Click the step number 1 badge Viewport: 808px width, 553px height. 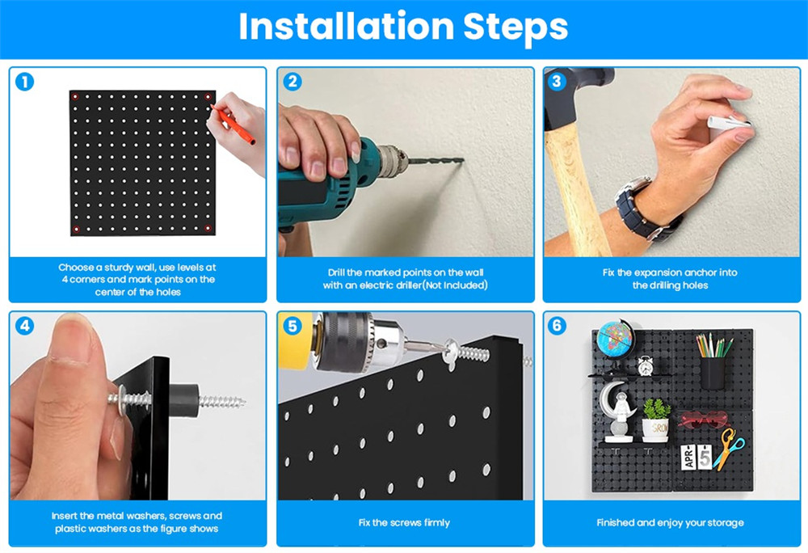click(24, 82)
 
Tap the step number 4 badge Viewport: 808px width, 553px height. click(24, 326)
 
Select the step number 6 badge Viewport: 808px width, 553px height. click(557, 326)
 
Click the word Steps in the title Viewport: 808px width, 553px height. click(516, 27)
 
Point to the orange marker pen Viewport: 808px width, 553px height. click(233, 125)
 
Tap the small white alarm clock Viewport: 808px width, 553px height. click(645, 365)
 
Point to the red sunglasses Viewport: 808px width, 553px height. click(704, 419)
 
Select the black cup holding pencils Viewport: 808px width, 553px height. click(712, 372)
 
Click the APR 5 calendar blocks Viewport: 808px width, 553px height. click(696, 457)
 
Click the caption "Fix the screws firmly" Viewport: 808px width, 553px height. click(405, 522)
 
